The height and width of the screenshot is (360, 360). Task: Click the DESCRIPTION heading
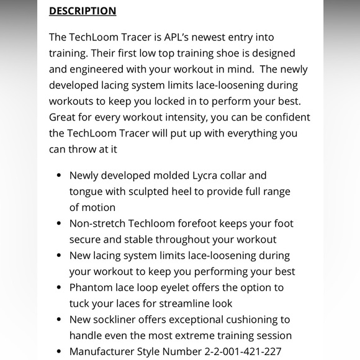pyautogui.click(x=83, y=11)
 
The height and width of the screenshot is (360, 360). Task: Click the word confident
pyautogui.click(x=282, y=117)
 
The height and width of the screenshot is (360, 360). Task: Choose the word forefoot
pyautogui.click(x=203, y=223)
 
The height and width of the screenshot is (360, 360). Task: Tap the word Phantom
pyautogui.click(x=91, y=287)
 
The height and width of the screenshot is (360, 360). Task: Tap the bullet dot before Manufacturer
pyautogui.click(x=58, y=351)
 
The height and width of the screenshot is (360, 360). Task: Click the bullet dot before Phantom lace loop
pyautogui.click(x=58, y=287)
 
